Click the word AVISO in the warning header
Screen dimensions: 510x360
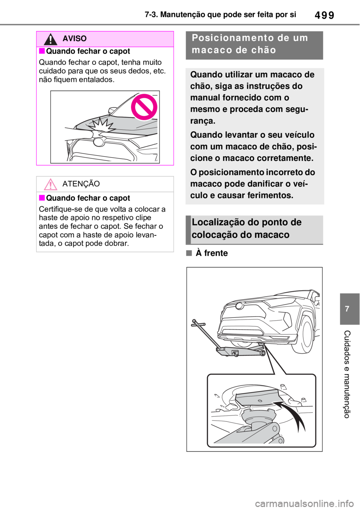pos(75,39)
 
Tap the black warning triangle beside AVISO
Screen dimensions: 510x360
pos(50,39)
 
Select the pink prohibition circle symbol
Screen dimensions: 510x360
pos(145,107)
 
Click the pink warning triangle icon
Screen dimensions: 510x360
pos(51,184)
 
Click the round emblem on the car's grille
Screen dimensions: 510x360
pos(99,142)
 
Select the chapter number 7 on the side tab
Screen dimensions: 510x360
pos(347,309)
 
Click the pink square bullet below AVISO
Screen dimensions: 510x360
pos(42,51)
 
